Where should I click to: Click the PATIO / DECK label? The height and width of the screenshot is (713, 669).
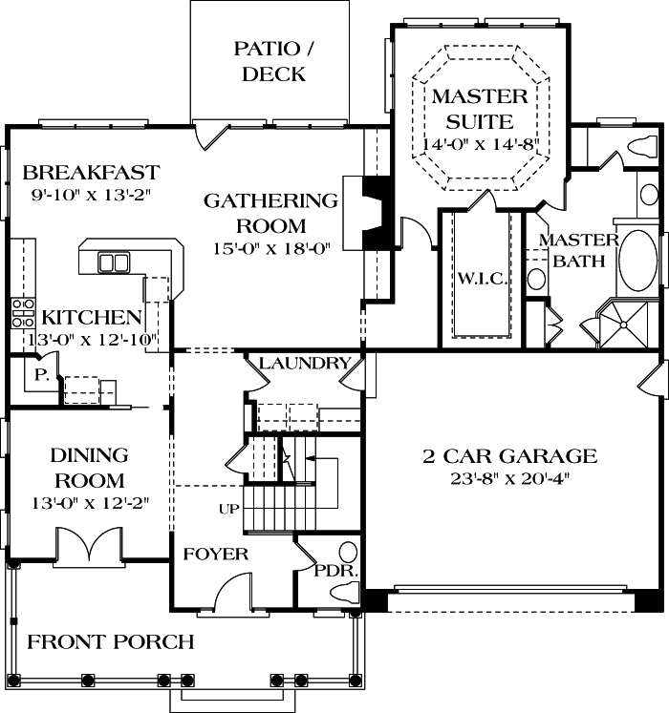pyautogui.click(x=273, y=60)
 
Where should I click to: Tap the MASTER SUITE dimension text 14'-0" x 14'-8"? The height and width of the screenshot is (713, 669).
pyautogui.click(x=481, y=144)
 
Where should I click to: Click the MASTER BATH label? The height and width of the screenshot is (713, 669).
pyautogui.click(x=578, y=249)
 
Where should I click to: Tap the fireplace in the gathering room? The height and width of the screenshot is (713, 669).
pyautogui.click(x=373, y=212)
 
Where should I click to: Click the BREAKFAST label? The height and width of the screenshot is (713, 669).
pyautogui.click(x=91, y=173)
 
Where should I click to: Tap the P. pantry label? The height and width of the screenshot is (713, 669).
pyautogui.click(x=41, y=374)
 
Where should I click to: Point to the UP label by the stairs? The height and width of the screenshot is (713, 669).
pyautogui.click(x=228, y=509)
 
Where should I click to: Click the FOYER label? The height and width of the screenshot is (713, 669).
pyautogui.click(x=216, y=554)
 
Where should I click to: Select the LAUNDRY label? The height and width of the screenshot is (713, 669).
pyautogui.click(x=304, y=363)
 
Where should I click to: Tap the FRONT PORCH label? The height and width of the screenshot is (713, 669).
pyautogui.click(x=110, y=641)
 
